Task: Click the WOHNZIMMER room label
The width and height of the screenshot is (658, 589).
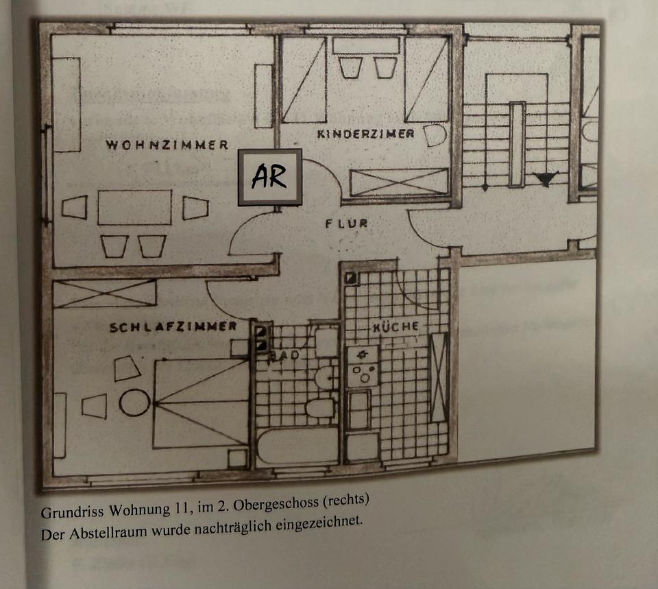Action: click(167, 145)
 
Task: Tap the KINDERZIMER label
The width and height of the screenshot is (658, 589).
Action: click(365, 134)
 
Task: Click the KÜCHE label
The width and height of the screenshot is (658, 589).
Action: click(395, 327)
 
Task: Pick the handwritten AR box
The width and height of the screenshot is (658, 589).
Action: click(270, 177)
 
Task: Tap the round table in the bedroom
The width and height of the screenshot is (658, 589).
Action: click(134, 402)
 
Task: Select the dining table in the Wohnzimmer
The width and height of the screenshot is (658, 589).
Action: click(134, 207)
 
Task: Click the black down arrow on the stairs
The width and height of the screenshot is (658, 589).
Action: click(546, 179)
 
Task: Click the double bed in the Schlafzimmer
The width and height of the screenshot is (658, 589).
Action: click(201, 403)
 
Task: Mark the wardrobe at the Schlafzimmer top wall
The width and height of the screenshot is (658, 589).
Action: click(105, 293)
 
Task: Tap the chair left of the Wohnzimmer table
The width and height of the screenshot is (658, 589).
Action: click(75, 207)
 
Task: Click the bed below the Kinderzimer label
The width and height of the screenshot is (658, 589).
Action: click(399, 182)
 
